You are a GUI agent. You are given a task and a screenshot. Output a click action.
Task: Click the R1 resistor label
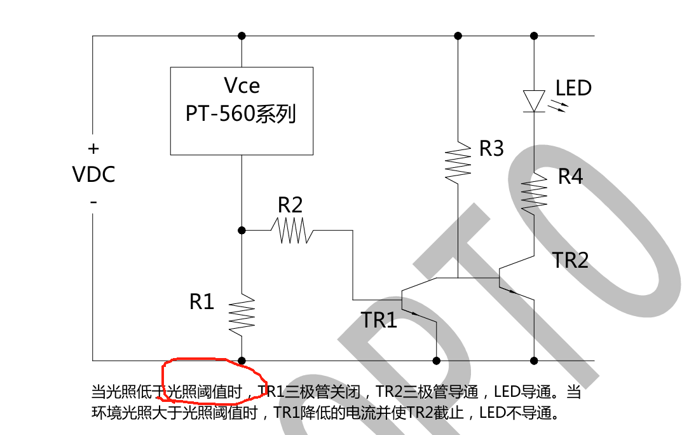202,302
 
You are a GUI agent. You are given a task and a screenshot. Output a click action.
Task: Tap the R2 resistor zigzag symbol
292,230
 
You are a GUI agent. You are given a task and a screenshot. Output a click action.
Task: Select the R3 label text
491,149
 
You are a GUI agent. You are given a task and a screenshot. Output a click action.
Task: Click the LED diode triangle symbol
534,100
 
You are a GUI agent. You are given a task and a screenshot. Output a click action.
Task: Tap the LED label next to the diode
573,88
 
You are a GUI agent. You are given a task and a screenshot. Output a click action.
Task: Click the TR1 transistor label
379,320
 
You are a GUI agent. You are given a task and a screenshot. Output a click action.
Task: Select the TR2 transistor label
570,260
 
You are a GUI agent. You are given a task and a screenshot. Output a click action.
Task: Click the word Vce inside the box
242,86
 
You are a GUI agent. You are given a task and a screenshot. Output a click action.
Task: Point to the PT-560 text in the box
220,114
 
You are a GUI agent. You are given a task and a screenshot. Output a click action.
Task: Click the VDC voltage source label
94,174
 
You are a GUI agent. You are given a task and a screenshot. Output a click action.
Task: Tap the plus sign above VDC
93,149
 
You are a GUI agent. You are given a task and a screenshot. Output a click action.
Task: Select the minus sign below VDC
93,202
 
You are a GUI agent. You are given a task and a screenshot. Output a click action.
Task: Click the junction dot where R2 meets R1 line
242,230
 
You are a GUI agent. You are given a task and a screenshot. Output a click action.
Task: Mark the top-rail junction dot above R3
458,36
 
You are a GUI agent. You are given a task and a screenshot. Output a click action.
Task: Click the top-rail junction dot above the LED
534,36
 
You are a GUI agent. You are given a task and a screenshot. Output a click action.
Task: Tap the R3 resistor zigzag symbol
458,164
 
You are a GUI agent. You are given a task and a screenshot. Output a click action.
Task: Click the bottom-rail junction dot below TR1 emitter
436,361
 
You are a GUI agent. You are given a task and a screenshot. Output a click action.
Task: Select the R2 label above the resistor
290,205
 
